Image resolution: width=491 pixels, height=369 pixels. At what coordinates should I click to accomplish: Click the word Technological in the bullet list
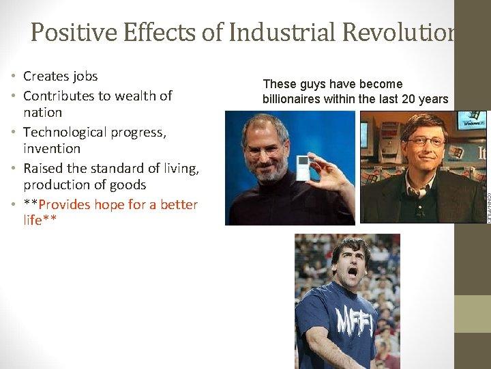coord(69,132)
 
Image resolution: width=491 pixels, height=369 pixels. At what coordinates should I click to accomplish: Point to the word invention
coord(52,148)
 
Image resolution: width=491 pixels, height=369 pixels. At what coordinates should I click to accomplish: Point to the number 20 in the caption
coord(407,99)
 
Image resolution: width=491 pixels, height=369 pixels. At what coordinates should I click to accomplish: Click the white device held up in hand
coord(303,168)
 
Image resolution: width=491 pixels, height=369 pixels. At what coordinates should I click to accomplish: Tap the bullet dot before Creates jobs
coord(14,77)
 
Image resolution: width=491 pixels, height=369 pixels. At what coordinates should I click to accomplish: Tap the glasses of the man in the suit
coord(426,145)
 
